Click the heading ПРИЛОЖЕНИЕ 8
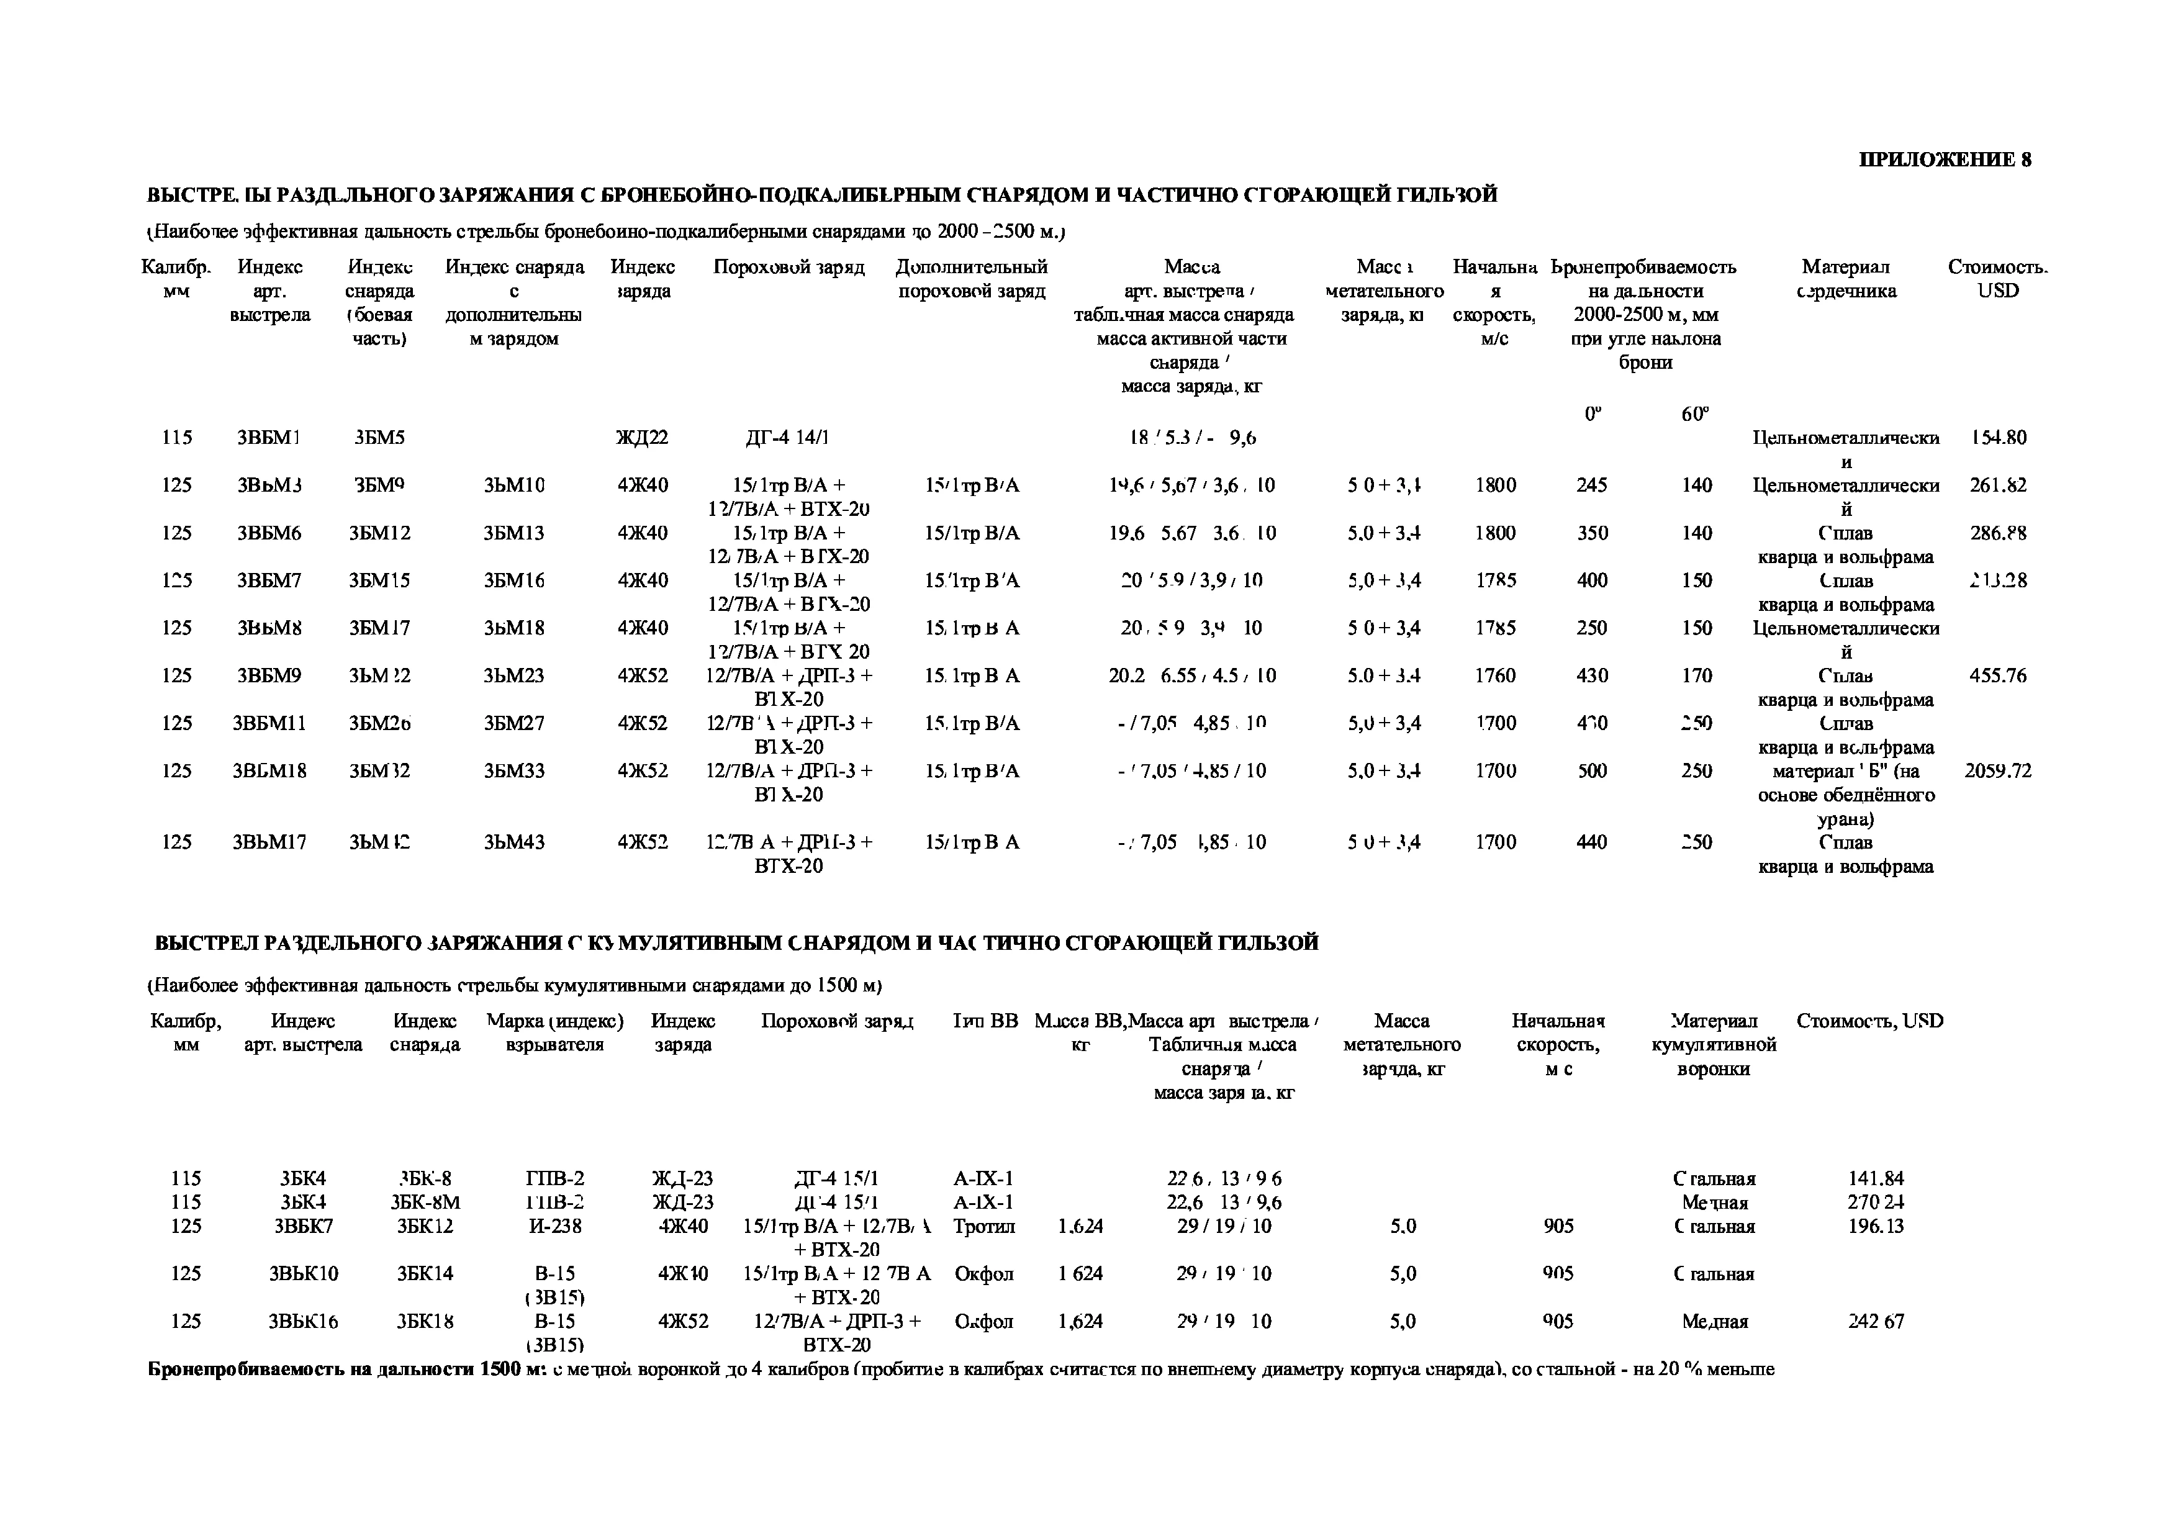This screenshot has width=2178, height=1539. click(x=1945, y=160)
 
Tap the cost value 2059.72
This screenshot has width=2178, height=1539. click(x=1998, y=771)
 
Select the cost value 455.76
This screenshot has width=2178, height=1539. click(x=1998, y=676)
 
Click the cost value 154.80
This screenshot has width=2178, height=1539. click(x=1998, y=438)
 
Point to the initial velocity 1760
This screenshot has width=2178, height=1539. click(x=1495, y=676)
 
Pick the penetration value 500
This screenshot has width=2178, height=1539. click(x=1592, y=771)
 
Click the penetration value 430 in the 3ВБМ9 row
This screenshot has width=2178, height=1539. click(x=1592, y=676)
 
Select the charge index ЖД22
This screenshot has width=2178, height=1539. click(x=642, y=438)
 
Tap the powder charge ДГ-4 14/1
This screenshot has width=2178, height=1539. click(x=789, y=438)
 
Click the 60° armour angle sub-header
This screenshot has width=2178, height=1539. click(x=1695, y=414)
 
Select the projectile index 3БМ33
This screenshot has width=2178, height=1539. click(x=514, y=771)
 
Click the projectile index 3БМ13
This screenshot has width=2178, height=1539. click(x=514, y=533)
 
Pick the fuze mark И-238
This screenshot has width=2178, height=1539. click(x=555, y=1226)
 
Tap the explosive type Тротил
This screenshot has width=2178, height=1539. click(x=983, y=1226)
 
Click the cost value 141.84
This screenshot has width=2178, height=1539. click(x=1876, y=1179)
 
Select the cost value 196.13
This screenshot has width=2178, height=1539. click(x=1876, y=1226)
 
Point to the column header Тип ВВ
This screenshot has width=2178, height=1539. click(x=985, y=1021)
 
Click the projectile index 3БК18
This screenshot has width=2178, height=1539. click(x=425, y=1321)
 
